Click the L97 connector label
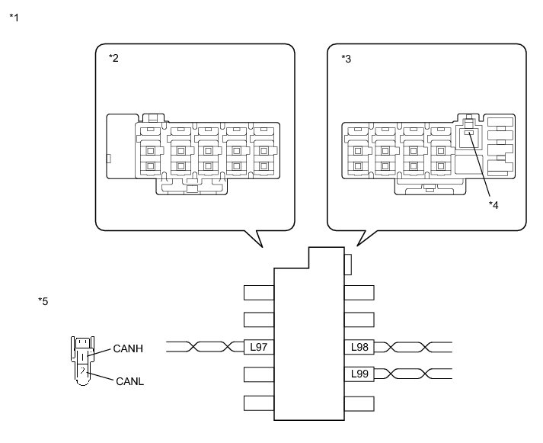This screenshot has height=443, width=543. click(x=259, y=347)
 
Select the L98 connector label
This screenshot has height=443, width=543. click(x=359, y=347)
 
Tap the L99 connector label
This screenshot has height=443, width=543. click(x=359, y=374)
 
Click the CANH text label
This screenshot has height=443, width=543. click(x=128, y=348)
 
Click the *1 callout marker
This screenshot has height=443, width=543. click(x=14, y=17)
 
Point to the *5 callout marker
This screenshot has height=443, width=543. click(x=43, y=301)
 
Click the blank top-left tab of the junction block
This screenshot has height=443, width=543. click(x=259, y=292)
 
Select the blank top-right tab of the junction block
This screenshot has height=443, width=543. click(x=359, y=292)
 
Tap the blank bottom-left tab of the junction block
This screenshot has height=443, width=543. click(x=259, y=403)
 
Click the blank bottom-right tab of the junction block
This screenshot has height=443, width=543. click(x=359, y=403)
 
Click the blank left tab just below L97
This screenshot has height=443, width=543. click(x=259, y=374)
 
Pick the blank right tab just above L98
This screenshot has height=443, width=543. click(x=359, y=319)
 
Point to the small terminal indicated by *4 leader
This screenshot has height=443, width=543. click(x=469, y=133)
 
